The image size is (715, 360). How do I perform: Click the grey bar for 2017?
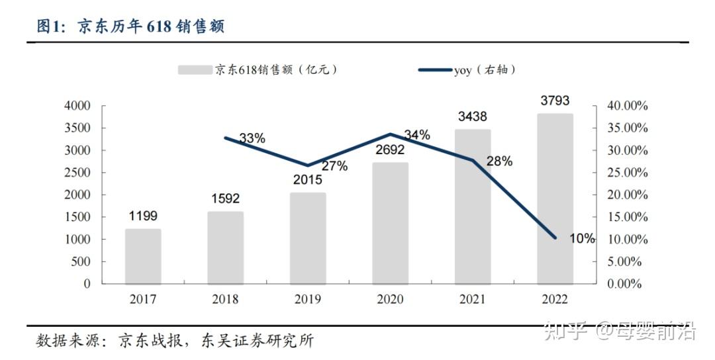(x=143, y=256)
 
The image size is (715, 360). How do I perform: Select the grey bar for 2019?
(x=308, y=238)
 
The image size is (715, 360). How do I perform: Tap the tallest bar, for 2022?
(x=555, y=199)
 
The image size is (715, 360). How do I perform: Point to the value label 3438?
(x=472, y=116)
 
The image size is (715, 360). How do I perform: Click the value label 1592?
(x=225, y=198)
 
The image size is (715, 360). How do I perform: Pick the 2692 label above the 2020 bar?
(x=390, y=150)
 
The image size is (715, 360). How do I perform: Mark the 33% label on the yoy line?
(x=252, y=138)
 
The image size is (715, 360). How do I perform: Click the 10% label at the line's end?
(x=582, y=239)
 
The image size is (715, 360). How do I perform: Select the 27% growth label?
(x=334, y=166)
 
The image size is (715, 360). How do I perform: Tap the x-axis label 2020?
(x=390, y=300)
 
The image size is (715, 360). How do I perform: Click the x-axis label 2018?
(x=225, y=300)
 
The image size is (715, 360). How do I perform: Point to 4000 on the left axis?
(x=77, y=106)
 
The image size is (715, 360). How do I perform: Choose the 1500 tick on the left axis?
(x=77, y=217)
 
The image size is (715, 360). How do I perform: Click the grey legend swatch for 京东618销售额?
(x=195, y=69)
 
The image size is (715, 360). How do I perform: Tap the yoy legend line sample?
(x=434, y=69)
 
